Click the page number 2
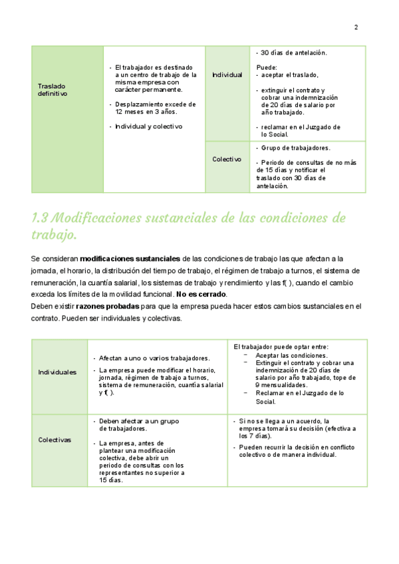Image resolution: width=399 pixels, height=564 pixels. click(356, 27)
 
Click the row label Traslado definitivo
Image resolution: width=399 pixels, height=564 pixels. click(52, 90)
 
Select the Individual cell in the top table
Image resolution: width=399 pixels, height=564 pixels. click(227, 75)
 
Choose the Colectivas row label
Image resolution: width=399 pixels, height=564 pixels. click(55, 440)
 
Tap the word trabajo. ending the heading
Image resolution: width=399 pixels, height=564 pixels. click(54, 235)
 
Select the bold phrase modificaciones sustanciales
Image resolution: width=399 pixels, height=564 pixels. click(130, 258)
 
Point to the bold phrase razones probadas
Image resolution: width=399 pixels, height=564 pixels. click(108, 307)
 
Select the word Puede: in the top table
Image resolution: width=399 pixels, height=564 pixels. click(266, 67)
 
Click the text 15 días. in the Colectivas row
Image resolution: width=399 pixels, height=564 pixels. click(110, 480)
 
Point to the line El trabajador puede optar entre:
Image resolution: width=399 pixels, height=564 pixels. click(281, 347)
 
